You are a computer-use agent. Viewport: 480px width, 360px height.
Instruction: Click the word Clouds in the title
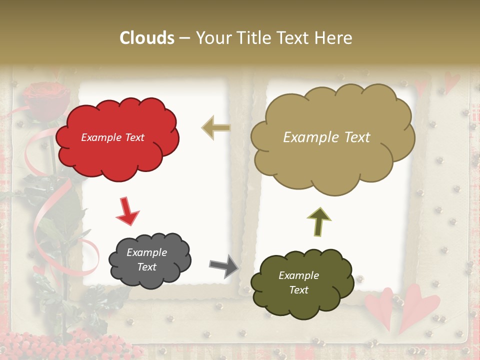147,38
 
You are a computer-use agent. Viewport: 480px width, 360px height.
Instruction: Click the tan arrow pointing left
216,128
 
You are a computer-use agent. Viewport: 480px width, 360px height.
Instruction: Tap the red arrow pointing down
127,211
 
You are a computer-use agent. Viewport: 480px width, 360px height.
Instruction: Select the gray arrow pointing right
224,265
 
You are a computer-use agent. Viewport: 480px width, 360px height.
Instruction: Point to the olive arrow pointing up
319,221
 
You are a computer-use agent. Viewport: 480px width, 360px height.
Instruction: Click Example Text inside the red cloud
112,137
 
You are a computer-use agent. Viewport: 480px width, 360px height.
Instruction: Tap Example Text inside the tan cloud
326,137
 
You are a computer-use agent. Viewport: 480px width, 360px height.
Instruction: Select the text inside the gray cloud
146,259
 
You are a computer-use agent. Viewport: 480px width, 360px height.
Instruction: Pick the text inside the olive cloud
298,282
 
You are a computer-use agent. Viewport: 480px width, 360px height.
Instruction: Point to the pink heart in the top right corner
452,81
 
